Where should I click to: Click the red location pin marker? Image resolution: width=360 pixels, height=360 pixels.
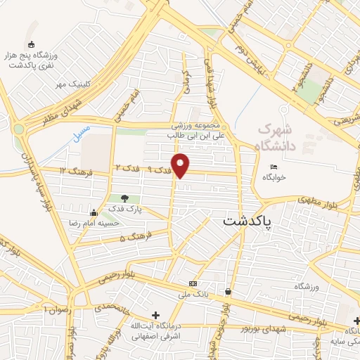pos(181,165)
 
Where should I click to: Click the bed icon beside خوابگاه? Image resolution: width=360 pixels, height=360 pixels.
pos(274,167)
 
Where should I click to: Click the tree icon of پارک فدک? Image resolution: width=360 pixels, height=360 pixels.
pos(125,199)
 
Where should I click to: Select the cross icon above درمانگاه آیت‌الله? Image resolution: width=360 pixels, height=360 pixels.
pos(155,315)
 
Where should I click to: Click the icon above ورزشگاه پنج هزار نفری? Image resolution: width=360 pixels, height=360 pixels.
pos(30,45)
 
